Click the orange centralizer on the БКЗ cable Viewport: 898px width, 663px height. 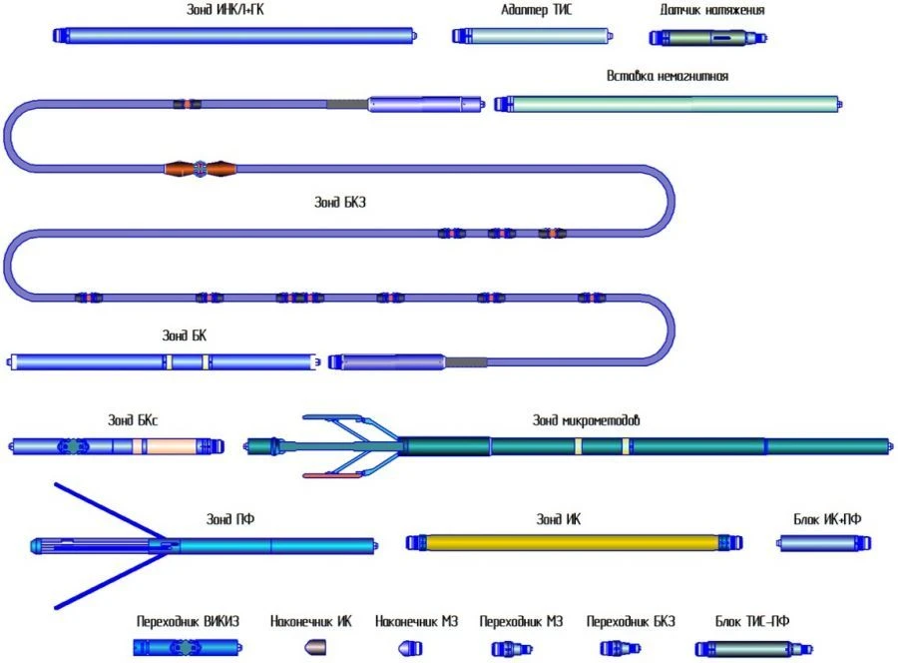point(199,169)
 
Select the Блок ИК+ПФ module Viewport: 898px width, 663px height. point(825,542)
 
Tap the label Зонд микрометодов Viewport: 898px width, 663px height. point(586,420)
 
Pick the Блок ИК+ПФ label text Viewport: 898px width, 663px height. point(826,518)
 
